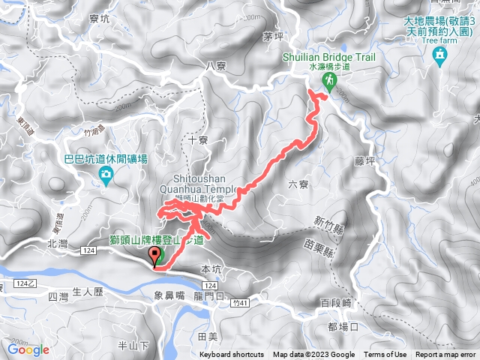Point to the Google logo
28,349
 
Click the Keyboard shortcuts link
232,355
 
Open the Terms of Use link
385,355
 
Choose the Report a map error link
446,355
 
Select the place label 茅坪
273,35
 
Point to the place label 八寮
215,66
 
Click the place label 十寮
198,140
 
